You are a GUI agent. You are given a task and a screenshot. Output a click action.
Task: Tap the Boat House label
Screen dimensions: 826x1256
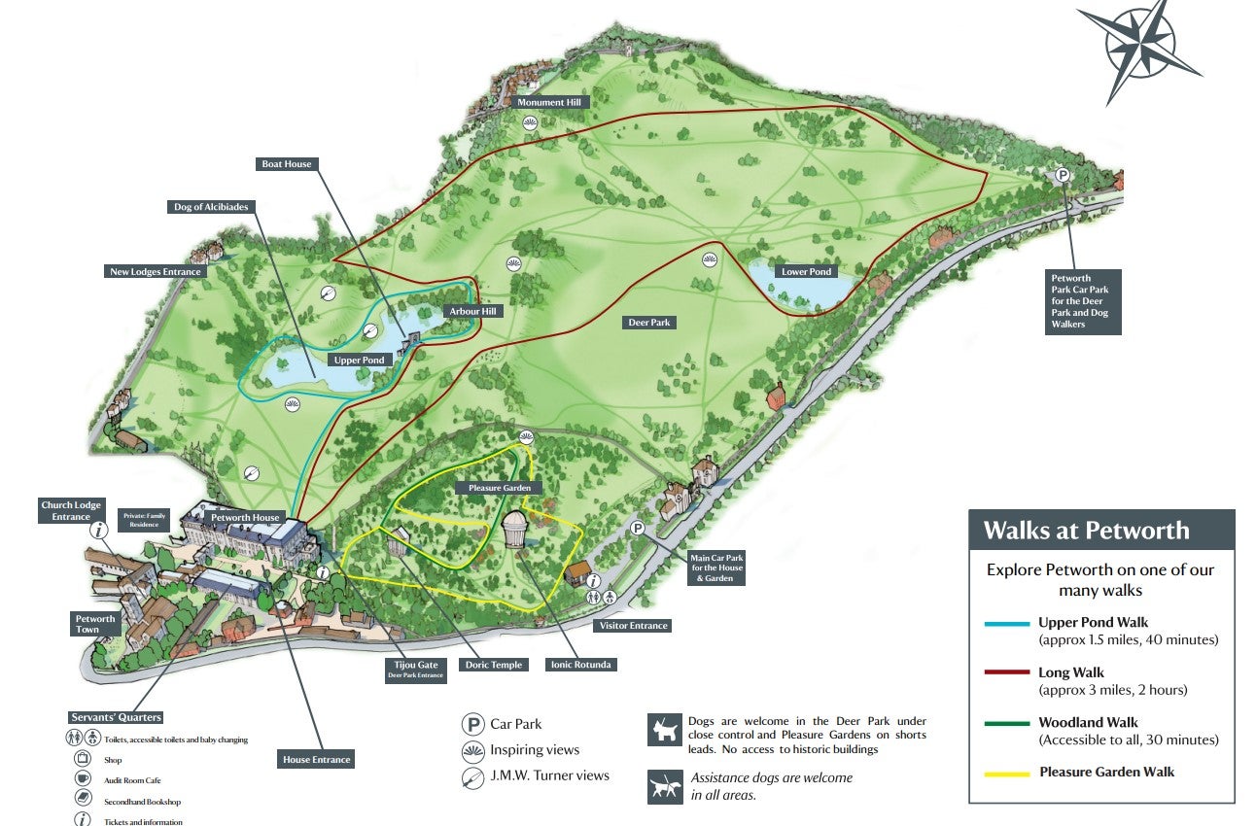point(287,164)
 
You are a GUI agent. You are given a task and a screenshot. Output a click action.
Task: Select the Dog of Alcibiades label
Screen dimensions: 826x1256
point(211,207)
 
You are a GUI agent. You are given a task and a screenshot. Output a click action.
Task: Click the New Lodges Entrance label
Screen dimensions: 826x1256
point(156,272)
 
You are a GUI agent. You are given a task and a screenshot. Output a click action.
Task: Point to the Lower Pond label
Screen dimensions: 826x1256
point(807,272)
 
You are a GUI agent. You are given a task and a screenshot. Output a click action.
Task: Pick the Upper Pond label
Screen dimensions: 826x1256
point(360,361)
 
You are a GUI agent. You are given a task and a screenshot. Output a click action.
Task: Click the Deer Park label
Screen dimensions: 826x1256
point(650,322)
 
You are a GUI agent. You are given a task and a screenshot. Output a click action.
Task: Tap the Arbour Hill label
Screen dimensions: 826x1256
point(472,311)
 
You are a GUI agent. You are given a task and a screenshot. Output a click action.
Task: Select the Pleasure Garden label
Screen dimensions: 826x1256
point(504,488)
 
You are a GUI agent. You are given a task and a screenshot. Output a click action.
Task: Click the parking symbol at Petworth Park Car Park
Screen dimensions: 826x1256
point(1063,176)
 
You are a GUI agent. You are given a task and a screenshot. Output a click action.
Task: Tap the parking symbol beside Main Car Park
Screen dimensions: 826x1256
point(638,529)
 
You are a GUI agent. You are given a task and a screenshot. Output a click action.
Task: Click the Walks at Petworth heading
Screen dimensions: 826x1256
point(1086,531)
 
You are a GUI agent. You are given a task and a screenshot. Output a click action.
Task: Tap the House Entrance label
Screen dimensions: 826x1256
point(316,759)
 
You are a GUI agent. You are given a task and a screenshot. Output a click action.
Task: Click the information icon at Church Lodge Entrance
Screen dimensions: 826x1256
point(98,531)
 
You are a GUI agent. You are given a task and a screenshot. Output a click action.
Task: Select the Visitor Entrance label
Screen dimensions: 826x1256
point(633,626)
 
